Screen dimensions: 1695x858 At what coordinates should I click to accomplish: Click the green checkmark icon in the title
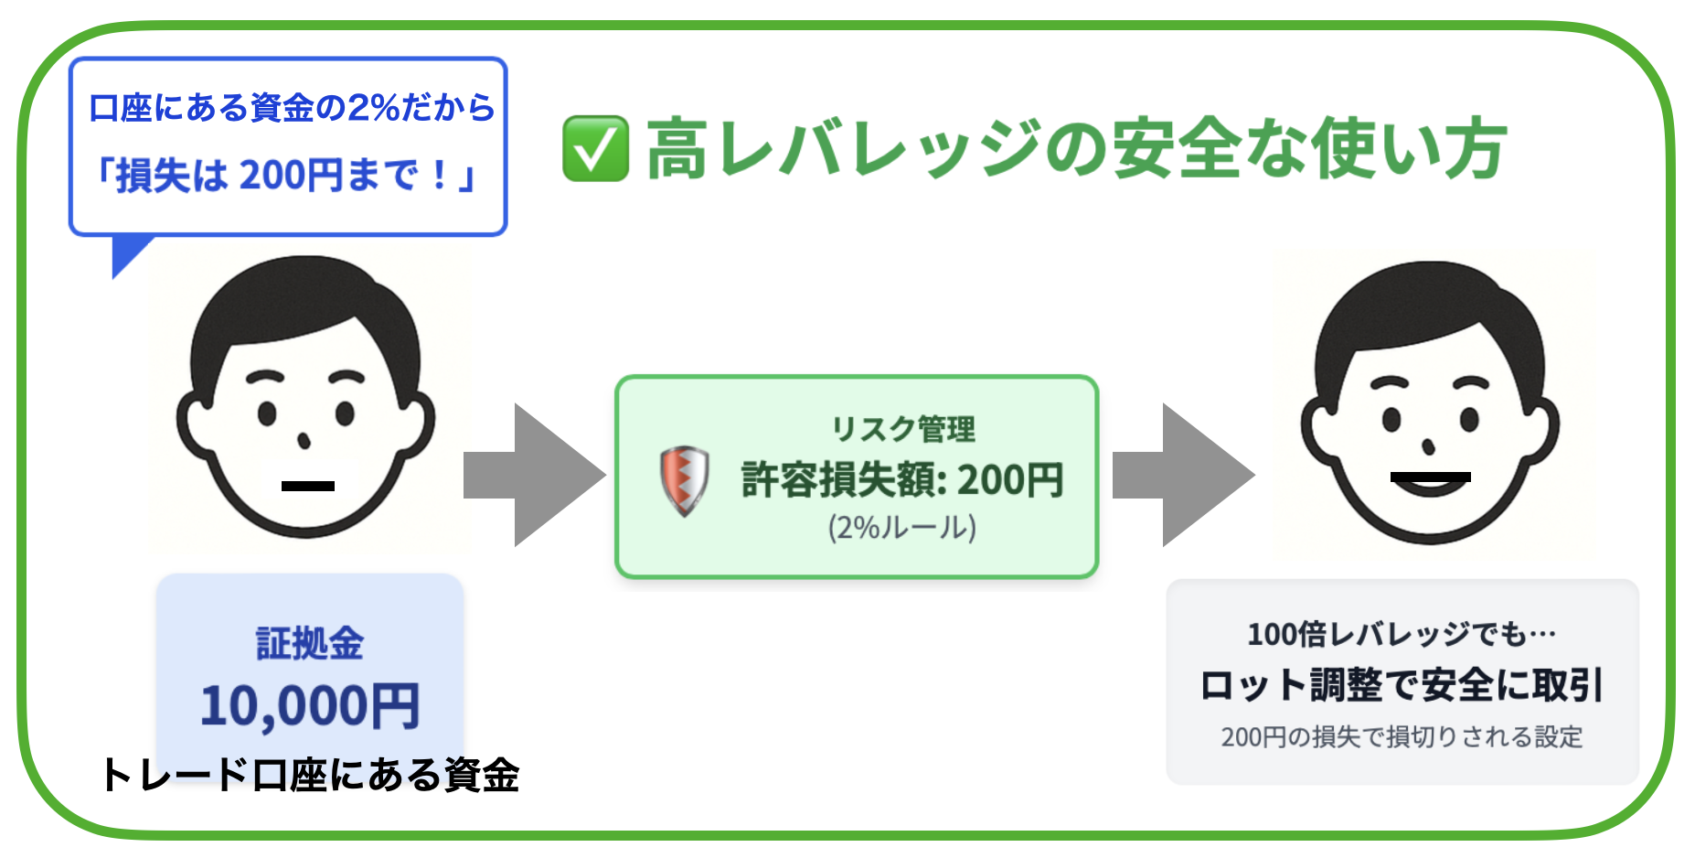pos(595,148)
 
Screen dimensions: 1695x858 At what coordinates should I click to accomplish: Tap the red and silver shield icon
pos(684,481)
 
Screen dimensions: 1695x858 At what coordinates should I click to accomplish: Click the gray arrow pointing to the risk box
pos(534,475)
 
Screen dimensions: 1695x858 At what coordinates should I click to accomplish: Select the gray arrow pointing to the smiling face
pos(1183,475)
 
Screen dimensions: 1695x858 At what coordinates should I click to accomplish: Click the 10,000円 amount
pos(310,706)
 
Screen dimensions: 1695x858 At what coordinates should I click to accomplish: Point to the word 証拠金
pos(310,643)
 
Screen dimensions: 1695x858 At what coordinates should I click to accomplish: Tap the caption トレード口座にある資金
pos(311,775)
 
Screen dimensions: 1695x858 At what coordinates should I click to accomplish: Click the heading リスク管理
pos(902,429)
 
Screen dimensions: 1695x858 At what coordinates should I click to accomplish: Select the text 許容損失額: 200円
pos(902,479)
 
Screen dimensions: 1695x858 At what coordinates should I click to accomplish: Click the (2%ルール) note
pos(902,528)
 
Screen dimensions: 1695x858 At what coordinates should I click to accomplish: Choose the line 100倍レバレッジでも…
pos(1402,634)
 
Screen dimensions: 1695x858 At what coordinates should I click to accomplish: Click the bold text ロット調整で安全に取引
pos(1402,685)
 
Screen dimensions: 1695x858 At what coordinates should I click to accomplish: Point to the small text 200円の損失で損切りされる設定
pos(1402,736)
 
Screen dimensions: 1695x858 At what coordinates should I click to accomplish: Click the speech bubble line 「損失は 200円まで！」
pos(288,175)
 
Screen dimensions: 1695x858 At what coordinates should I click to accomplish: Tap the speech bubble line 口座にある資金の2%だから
pos(292,108)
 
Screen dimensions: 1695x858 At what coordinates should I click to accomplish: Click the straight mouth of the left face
pos(308,486)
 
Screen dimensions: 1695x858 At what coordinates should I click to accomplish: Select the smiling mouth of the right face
pos(1431,482)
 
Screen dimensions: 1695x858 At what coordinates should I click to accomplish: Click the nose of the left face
pos(304,442)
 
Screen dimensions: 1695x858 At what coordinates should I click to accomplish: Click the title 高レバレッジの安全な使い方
pos(1076,148)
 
